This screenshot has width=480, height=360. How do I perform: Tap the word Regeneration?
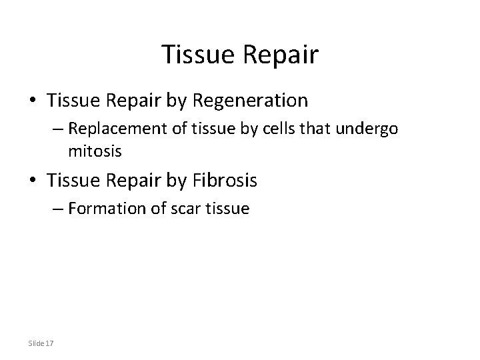tap(250, 101)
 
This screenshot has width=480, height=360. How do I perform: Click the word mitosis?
tap(95, 151)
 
